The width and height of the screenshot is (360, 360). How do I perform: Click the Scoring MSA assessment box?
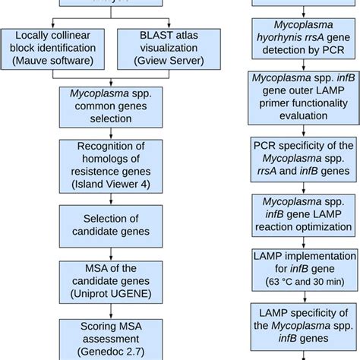coord(112,338)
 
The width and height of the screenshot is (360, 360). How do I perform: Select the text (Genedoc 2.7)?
coord(112,352)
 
